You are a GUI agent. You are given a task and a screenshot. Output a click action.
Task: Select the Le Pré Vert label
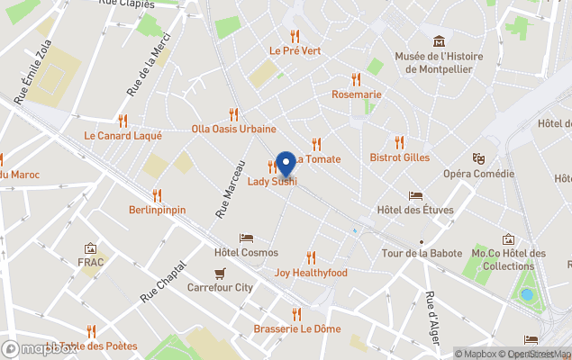click(x=295, y=51)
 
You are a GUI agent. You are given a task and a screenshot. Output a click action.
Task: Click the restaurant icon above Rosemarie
click(x=356, y=79)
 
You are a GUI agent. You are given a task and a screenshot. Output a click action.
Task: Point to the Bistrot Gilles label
click(x=399, y=157)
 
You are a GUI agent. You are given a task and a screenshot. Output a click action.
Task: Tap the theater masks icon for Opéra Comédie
click(x=478, y=158)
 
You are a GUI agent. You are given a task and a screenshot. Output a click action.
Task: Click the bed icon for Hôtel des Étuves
click(x=414, y=195)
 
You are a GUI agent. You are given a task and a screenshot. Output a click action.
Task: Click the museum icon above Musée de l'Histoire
click(x=439, y=41)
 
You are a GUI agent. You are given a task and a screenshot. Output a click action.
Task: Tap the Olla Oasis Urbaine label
click(x=233, y=129)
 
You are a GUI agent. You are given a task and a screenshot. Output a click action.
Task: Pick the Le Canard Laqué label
click(x=123, y=136)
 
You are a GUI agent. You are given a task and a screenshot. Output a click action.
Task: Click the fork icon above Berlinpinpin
click(x=157, y=194)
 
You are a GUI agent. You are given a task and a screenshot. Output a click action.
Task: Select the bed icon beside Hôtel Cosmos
click(x=246, y=238)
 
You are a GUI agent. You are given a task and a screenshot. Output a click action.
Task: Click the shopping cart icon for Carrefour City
click(x=220, y=273)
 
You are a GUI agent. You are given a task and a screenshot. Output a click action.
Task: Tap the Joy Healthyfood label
click(x=311, y=273)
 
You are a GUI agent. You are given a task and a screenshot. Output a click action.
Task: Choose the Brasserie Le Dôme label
click(x=296, y=328)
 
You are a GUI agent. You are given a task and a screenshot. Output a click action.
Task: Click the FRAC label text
click(x=91, y=263)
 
